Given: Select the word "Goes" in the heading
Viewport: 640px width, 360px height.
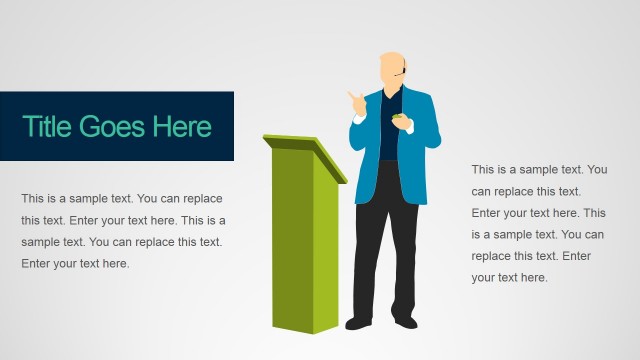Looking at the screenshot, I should pos(113,127).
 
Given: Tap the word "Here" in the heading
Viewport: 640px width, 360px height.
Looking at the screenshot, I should pos(182,127).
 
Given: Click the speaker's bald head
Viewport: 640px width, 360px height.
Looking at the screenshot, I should pos(392,65).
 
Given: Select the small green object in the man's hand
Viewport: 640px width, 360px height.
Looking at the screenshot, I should pos(400,120).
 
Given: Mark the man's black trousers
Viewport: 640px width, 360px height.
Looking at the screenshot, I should pos(385,240).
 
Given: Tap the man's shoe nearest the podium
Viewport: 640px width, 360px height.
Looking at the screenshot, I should pos(357,323).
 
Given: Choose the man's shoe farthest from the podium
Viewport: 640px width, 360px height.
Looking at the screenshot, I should pos(405,322).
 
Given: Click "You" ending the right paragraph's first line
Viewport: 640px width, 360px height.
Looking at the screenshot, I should pos(597,170).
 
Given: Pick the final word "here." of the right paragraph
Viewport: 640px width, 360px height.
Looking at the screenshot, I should pos(532,277).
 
